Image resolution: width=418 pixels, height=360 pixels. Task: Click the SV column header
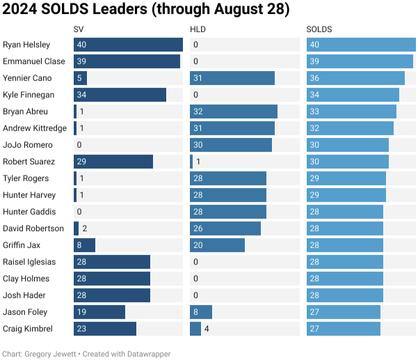click(79, 29)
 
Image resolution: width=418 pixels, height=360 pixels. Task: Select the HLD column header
click(198, 29)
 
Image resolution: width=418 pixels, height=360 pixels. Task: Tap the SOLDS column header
click(319, 29)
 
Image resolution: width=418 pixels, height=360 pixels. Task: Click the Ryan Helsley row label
click(26, 45)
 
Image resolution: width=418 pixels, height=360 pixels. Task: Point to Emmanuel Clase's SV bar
click(127, 61)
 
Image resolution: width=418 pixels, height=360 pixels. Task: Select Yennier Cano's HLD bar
click(232, 78)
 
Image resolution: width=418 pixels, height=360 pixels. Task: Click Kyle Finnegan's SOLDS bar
click(353, 95)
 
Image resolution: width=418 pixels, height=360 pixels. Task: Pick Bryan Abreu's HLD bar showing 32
click(234, 111)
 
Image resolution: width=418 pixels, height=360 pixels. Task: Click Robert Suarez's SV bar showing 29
click(113, 162)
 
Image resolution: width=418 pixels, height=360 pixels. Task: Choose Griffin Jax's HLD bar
click(217, 245)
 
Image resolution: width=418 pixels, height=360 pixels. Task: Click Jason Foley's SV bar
click(99, 312)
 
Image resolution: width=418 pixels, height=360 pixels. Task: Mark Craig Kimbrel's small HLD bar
click(195, 329)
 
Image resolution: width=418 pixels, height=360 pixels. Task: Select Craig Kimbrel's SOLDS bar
click(344, 329)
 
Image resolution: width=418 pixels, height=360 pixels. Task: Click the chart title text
click(136, 10)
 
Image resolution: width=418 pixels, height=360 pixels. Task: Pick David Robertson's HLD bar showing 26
click(225, 228)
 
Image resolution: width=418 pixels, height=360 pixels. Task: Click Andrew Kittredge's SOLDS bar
click(350, 128)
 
